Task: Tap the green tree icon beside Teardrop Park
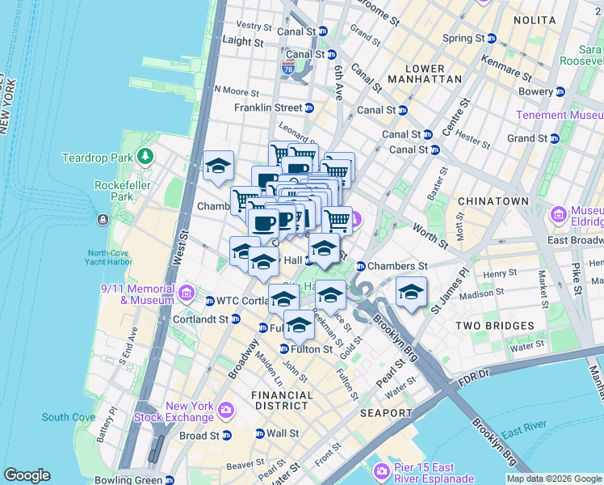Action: pyautogui.click(x=145, y=155)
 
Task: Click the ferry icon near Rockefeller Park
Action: pyautogui.click(x=103, y=220)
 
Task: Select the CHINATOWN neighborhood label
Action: pyautogui.click(x=493, y=200)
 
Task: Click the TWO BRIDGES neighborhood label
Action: pyautogui.click(x=494, y=325)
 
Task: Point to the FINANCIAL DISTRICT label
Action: pyautogui.click(x=281, y=401)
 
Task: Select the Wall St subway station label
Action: pyautogui.click(x=283, y=433)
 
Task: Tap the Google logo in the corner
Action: pyautogui.click(x=27, y=475)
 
